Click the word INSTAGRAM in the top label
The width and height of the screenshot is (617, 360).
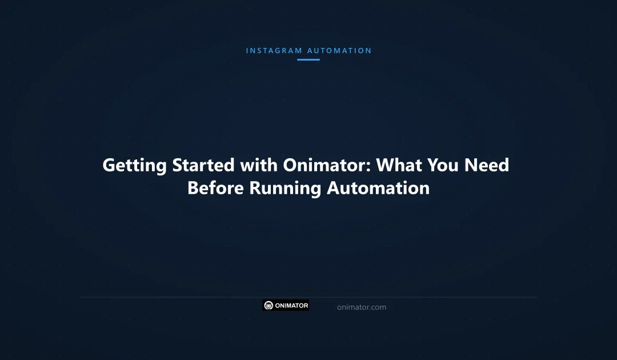tap(274, 51)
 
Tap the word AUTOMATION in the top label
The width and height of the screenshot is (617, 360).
tap(339, 51)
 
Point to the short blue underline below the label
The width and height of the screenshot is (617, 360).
tap(308, 59)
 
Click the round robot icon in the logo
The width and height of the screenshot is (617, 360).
tap(269, 306)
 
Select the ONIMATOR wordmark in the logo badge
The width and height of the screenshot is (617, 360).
tap(291, 306)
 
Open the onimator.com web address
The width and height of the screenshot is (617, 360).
tap(362, 307)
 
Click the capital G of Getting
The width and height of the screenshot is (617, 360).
tap(110, 166)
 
